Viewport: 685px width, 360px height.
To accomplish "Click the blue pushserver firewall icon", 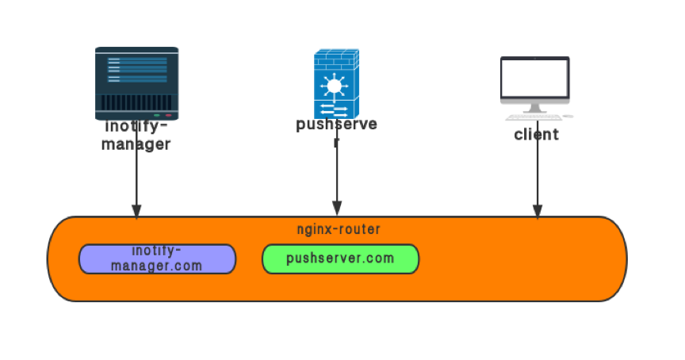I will tap(336, 83).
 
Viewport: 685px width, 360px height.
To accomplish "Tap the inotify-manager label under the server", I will tap(136, 135).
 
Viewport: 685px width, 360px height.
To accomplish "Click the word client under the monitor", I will tap(536, 134).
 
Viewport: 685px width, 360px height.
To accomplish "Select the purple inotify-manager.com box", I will tap(157, 259).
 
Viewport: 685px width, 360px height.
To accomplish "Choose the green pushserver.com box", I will tap(340, 259).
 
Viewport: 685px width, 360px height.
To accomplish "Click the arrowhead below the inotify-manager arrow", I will tap(136, 211).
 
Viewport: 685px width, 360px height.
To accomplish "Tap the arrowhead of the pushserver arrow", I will tap(336, 210).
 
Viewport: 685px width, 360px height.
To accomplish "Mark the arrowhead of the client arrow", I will tap(537, 211).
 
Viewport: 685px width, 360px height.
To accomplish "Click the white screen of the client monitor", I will tap(535, 78).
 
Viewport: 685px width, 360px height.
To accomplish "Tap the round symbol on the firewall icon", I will tap(334, 86).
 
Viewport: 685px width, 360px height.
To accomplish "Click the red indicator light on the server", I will tap(168, 115).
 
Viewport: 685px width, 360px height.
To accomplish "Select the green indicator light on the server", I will tap(157, 115).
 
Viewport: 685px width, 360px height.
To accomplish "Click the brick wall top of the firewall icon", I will tap(336, 57).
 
